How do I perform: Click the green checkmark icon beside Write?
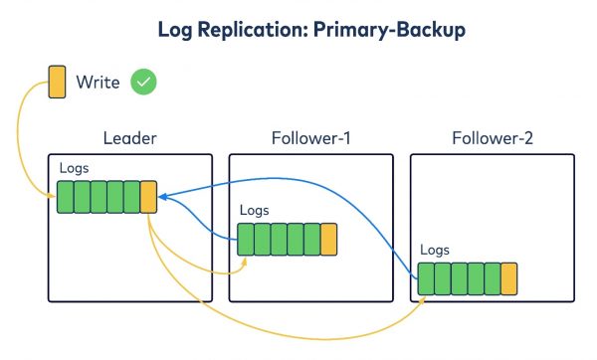pyautogui.click(x=144, y=83)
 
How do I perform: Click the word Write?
pyautogui.click(x=99, y=83)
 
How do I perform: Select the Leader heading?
pyautogui.click(x=130, y=137)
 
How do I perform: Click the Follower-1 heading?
pyautogui.click(x=310, y=137)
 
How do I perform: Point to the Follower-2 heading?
pyautogui.click(x=492, y=137)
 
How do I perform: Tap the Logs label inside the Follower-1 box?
pyautogui.click(x=255, y=211)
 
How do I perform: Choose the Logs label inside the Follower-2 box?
pyautogui.click(x=436, y=250)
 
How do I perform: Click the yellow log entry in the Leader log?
pyautogui.click(x=148, y=196)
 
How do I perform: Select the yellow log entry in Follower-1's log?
pyautogui.click(x=328, y=239)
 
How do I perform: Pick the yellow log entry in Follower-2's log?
pyautogui.click(x=509, y=278)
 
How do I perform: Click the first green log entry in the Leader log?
pyautogui.click(x=65, y=196)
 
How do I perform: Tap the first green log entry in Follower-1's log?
pyautogui.click(x=245, y=239)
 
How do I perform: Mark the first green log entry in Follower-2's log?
pyautogui.click(x=426, y=278)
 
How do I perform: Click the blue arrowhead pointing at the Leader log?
pyautogui.click(x=163, y=197)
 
